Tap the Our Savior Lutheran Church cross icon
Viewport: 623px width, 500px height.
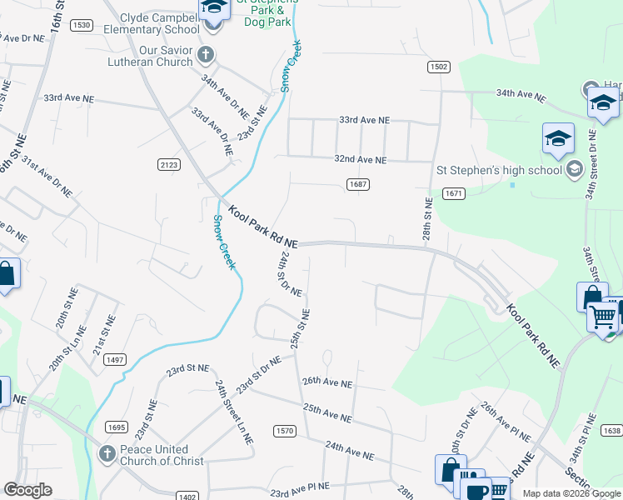click(x=207, y=54)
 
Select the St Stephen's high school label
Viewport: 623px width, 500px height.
click(x=500, y=170)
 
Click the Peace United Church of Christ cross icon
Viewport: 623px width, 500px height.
click(x=106, y=454)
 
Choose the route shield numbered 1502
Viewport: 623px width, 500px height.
click(x=440, y=66)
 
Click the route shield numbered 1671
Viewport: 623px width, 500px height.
click(x=453, y=193)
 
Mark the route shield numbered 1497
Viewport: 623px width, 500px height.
click(x=115, y=359)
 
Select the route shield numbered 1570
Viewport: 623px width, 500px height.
click(x=284, y=430)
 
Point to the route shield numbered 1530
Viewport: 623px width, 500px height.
click(x=81, y=26)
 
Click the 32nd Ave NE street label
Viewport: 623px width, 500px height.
click(x=361, y=159)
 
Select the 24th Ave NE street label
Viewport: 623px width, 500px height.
click(x=350, y=452)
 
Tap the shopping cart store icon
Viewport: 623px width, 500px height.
click(x=602, y=316)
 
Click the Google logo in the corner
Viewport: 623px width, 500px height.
click(x=28, y=490)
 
